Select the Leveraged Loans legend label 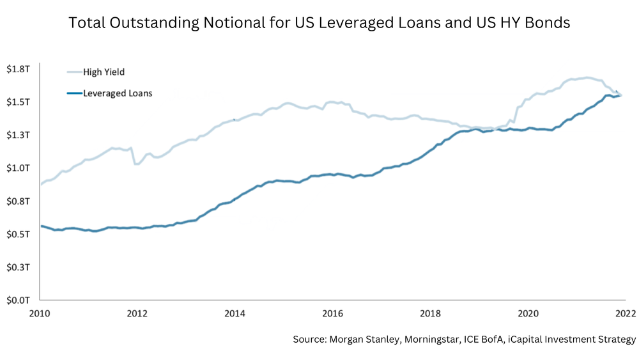point(118,93)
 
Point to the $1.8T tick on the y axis point(19,69)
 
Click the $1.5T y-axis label point(19,102)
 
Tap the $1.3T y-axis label point(19,135)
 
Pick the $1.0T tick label point(19,168)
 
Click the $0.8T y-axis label point(19,201)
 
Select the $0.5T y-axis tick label point(19,234)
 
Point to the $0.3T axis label point(19,267)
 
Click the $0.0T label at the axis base point(19,300)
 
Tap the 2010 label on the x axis point(40,313)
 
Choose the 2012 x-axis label point(137,313)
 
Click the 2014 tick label point(235,313)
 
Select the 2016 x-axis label point(333,313)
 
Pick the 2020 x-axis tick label point(528,313)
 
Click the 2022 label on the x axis point(624,313)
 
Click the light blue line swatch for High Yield point(73,72)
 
